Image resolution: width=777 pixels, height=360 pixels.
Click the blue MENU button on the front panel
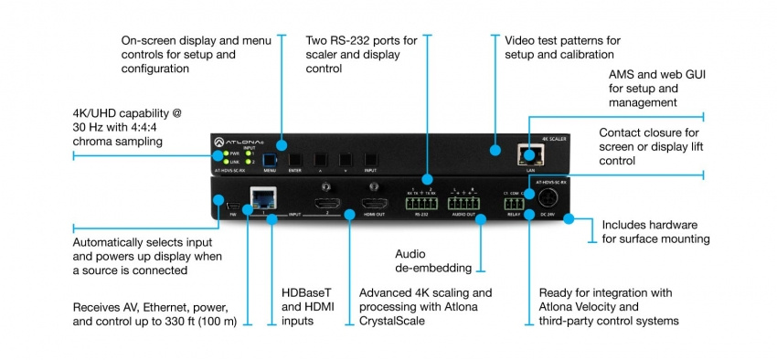coord(271,157)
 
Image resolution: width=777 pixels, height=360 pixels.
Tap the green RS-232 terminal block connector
coord(423,204)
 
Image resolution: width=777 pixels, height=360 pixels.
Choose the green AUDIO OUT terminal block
coord(466,204)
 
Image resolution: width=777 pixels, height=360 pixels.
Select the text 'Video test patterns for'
coord(562,41)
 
